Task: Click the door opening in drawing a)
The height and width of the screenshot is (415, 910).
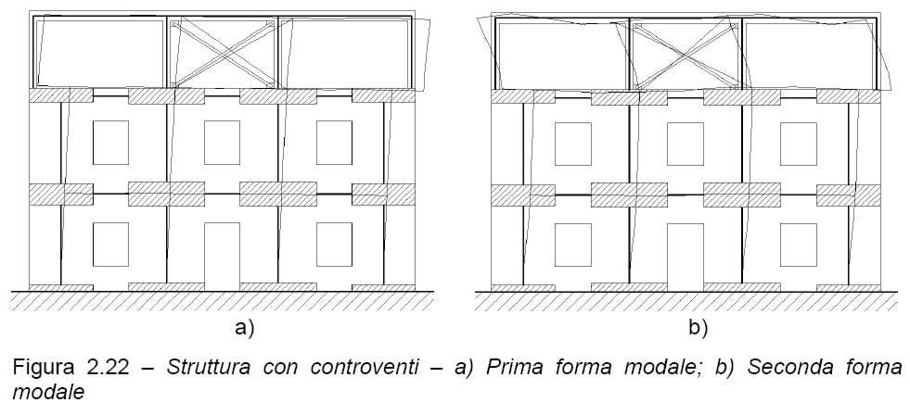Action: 222,257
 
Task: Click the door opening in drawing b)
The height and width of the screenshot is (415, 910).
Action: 686,257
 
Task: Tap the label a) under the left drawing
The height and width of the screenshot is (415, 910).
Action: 244,329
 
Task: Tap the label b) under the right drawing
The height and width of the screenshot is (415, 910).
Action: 698,329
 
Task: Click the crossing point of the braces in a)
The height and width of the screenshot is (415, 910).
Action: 223,55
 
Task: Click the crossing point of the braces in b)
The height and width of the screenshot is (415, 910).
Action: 686,56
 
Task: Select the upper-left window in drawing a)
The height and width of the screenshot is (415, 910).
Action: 110,143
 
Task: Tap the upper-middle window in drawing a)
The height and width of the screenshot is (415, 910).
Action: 222,143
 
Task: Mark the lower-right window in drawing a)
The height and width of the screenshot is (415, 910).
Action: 334,245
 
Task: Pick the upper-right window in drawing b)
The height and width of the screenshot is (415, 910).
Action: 798,144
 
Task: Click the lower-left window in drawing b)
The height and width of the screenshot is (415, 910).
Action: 573,245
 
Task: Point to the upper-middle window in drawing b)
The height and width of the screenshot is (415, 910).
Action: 686,144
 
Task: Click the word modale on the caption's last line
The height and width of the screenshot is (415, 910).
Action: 49,393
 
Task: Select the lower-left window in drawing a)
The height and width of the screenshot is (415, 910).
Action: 110,245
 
